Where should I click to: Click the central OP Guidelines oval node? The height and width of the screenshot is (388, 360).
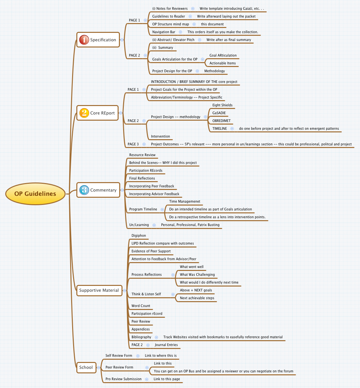coord(35,194)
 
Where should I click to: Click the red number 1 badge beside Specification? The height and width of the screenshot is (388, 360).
coord(84,40)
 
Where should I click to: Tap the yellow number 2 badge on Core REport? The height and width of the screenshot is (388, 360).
coord(84,113)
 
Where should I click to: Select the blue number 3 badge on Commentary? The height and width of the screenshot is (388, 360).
coord(84,190)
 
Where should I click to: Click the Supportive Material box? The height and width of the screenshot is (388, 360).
coord(99,290)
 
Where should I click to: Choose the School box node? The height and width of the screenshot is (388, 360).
coord(86,368)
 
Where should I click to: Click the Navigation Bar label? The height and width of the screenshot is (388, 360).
coord(164,32)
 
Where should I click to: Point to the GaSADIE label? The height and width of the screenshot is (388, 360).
coord(219,113)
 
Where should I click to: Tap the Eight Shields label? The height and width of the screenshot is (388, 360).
coord(222,105)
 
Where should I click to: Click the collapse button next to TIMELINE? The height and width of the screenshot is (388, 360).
coord(232,129)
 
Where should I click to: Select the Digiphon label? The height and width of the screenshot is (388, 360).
coord(139,236)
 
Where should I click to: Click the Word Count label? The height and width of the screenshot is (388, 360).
coord(141,306)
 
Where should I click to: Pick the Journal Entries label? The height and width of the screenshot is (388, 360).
coord(166,345)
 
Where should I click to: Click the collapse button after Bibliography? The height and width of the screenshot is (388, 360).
coord(156,337)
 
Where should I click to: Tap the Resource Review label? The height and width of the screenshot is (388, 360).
coord(142,155)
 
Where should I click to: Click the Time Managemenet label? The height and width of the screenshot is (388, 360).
coord(185,202)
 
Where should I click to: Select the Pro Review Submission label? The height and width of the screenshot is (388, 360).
coord(123,379)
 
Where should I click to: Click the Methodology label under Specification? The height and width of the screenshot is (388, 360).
coord(214,71)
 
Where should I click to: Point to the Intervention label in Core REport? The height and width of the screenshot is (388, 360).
coord(160,137)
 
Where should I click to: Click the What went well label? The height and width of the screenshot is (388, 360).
coord(192,267)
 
